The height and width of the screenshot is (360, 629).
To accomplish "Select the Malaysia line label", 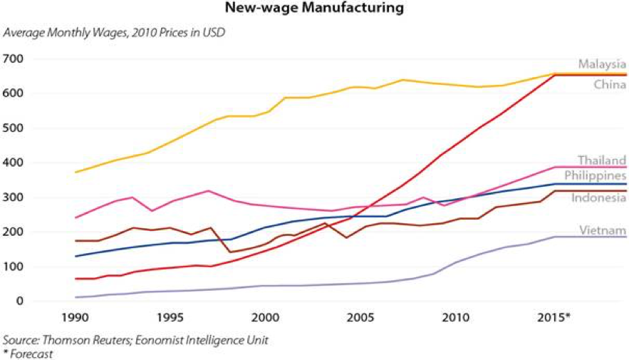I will point(602,64).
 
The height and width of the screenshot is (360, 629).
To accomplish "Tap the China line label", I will point(610,86).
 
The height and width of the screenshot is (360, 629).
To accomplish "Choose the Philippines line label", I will point(596,175).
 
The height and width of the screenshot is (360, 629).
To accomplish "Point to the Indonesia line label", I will point(598,197).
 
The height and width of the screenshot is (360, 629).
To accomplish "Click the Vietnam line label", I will point(603,230).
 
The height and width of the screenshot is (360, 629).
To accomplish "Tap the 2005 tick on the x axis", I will point(360,316).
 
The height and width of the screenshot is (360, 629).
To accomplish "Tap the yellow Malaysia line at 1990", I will point(76,172).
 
